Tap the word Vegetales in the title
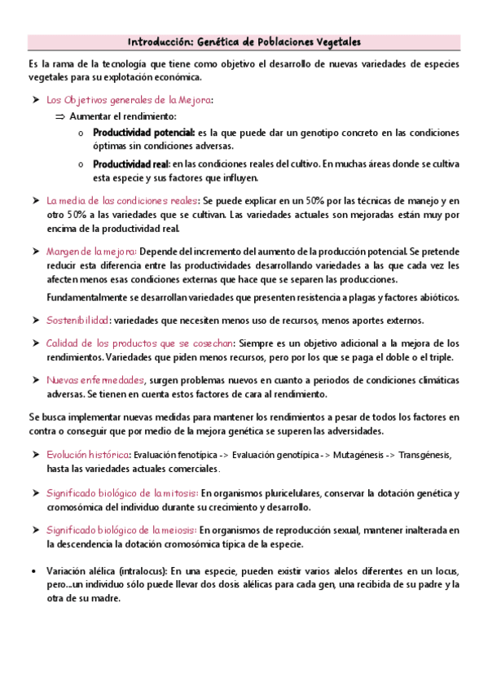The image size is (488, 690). click(x=335, y=41)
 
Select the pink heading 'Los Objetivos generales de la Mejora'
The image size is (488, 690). click(x=130, y=100)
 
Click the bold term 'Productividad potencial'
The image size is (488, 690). click(x=143, y=132)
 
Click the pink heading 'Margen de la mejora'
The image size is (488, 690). click(x=91, y=251)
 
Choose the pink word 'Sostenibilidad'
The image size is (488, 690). click(x=77, y=320)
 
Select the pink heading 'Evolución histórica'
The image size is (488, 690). click(x=88, y=455)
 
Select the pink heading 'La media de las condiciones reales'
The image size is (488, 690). click(x=122, y=200)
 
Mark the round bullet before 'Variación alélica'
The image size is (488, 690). click(x=32, y=570)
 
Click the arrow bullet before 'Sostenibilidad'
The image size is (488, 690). click(x=35, y=320)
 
